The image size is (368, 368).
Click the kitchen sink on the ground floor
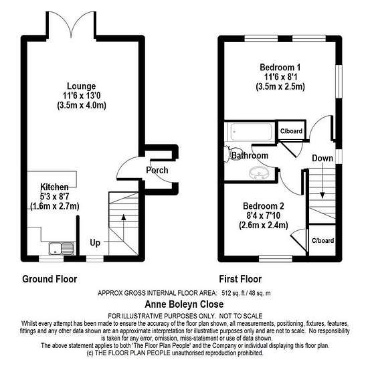click(x=62, y=248)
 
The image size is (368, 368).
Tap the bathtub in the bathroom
click(x=252, y=132)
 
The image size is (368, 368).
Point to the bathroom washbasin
click(x=258, y=173)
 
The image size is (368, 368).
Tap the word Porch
click(x=157, y=170)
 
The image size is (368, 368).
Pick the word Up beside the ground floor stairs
click(x=95, y=243)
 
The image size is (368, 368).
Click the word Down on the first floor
click(x=323, y=158)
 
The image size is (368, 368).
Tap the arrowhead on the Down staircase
click(x=323, y=195)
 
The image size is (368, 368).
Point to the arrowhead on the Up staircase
click(x=124, y=217)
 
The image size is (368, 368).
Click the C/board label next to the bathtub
click(x=291, y=131)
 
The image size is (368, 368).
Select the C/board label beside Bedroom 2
click(x=323, y=241)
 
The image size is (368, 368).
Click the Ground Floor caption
click(x=50, y=279)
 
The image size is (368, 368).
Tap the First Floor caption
click(x=240, y=279)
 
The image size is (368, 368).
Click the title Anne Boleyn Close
click(x=184, y=304)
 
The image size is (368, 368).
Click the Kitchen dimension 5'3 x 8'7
click(x=54, y=197)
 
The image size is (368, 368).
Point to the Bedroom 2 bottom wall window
click(x=276, y=259)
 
